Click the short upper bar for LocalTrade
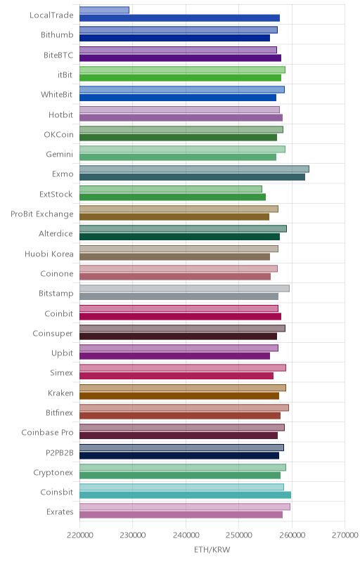[x=104, y=10]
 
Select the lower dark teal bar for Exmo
[x=192, y=177]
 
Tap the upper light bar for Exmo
[x=194, y=169]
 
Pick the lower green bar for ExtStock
[x=172, y=197]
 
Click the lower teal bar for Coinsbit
[x=185, y=495]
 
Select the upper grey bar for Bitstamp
[x=184, y=289]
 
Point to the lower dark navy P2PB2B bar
[x=179, y=455]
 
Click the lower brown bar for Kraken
[x=179, y=396]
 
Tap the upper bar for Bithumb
[x=179, y=30]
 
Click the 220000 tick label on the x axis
[x=79, y=535]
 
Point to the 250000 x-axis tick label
[x=239, y=535]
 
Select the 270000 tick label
[x=345, y=535]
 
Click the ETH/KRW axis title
[x=212, y=550]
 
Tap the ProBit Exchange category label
[x=42, y=214]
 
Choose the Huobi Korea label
[x=49, y=254]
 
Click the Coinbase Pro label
[x=47, y=433]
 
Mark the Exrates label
[x=60, y=512]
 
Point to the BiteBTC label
[x=58, y=55]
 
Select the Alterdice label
[x=56, y=234]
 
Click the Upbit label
[x=63, y=353]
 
